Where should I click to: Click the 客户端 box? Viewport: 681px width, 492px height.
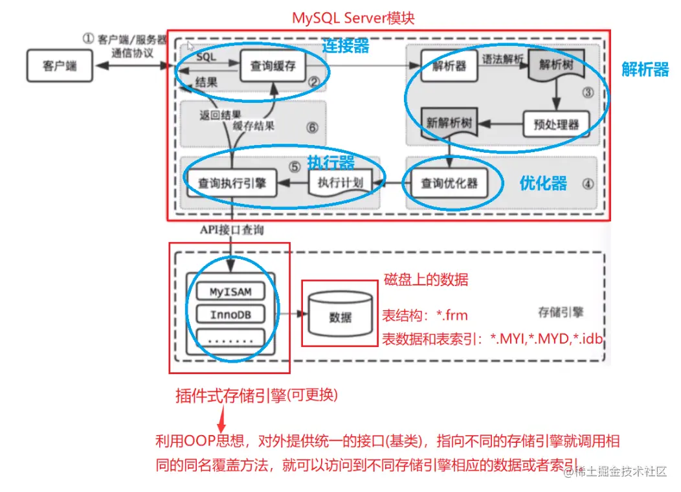[58, 65]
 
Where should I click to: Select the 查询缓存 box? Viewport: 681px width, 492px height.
[272, 65]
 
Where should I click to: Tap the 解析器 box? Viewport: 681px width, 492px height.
[444, 65]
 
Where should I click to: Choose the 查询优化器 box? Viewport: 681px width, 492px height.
[449, 184]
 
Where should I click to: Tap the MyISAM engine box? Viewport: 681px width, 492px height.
[230, 292]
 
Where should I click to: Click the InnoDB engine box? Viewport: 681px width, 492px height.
[230, 315]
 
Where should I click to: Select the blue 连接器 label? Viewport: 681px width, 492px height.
[346, 45]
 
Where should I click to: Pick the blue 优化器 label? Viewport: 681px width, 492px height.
[543, 183]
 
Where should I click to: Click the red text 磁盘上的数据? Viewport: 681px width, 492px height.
[426, 280]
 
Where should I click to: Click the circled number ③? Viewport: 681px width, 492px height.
[587, 92]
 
